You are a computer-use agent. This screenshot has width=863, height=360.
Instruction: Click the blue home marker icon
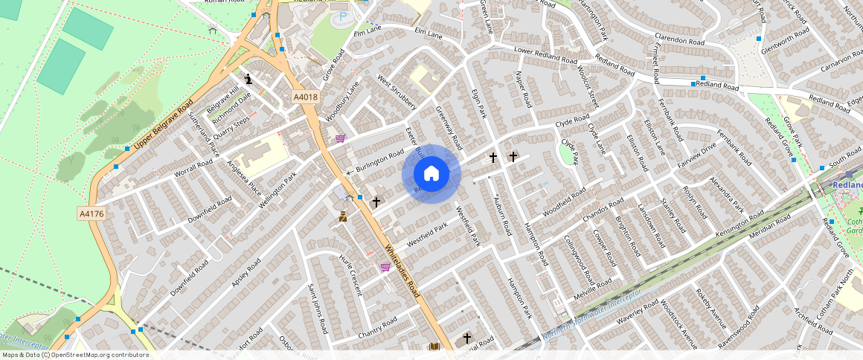click(431, 174)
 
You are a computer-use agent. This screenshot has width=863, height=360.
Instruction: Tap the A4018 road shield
click(305, 97)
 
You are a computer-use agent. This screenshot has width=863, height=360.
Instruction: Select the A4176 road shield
click(91, 214)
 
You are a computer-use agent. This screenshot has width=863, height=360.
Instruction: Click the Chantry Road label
click(377, 326)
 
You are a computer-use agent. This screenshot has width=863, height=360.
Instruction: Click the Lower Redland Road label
click(545, 55)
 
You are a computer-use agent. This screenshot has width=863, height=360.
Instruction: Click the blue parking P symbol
click(342, 16)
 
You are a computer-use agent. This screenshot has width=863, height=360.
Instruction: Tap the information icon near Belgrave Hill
click(248, 78)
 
